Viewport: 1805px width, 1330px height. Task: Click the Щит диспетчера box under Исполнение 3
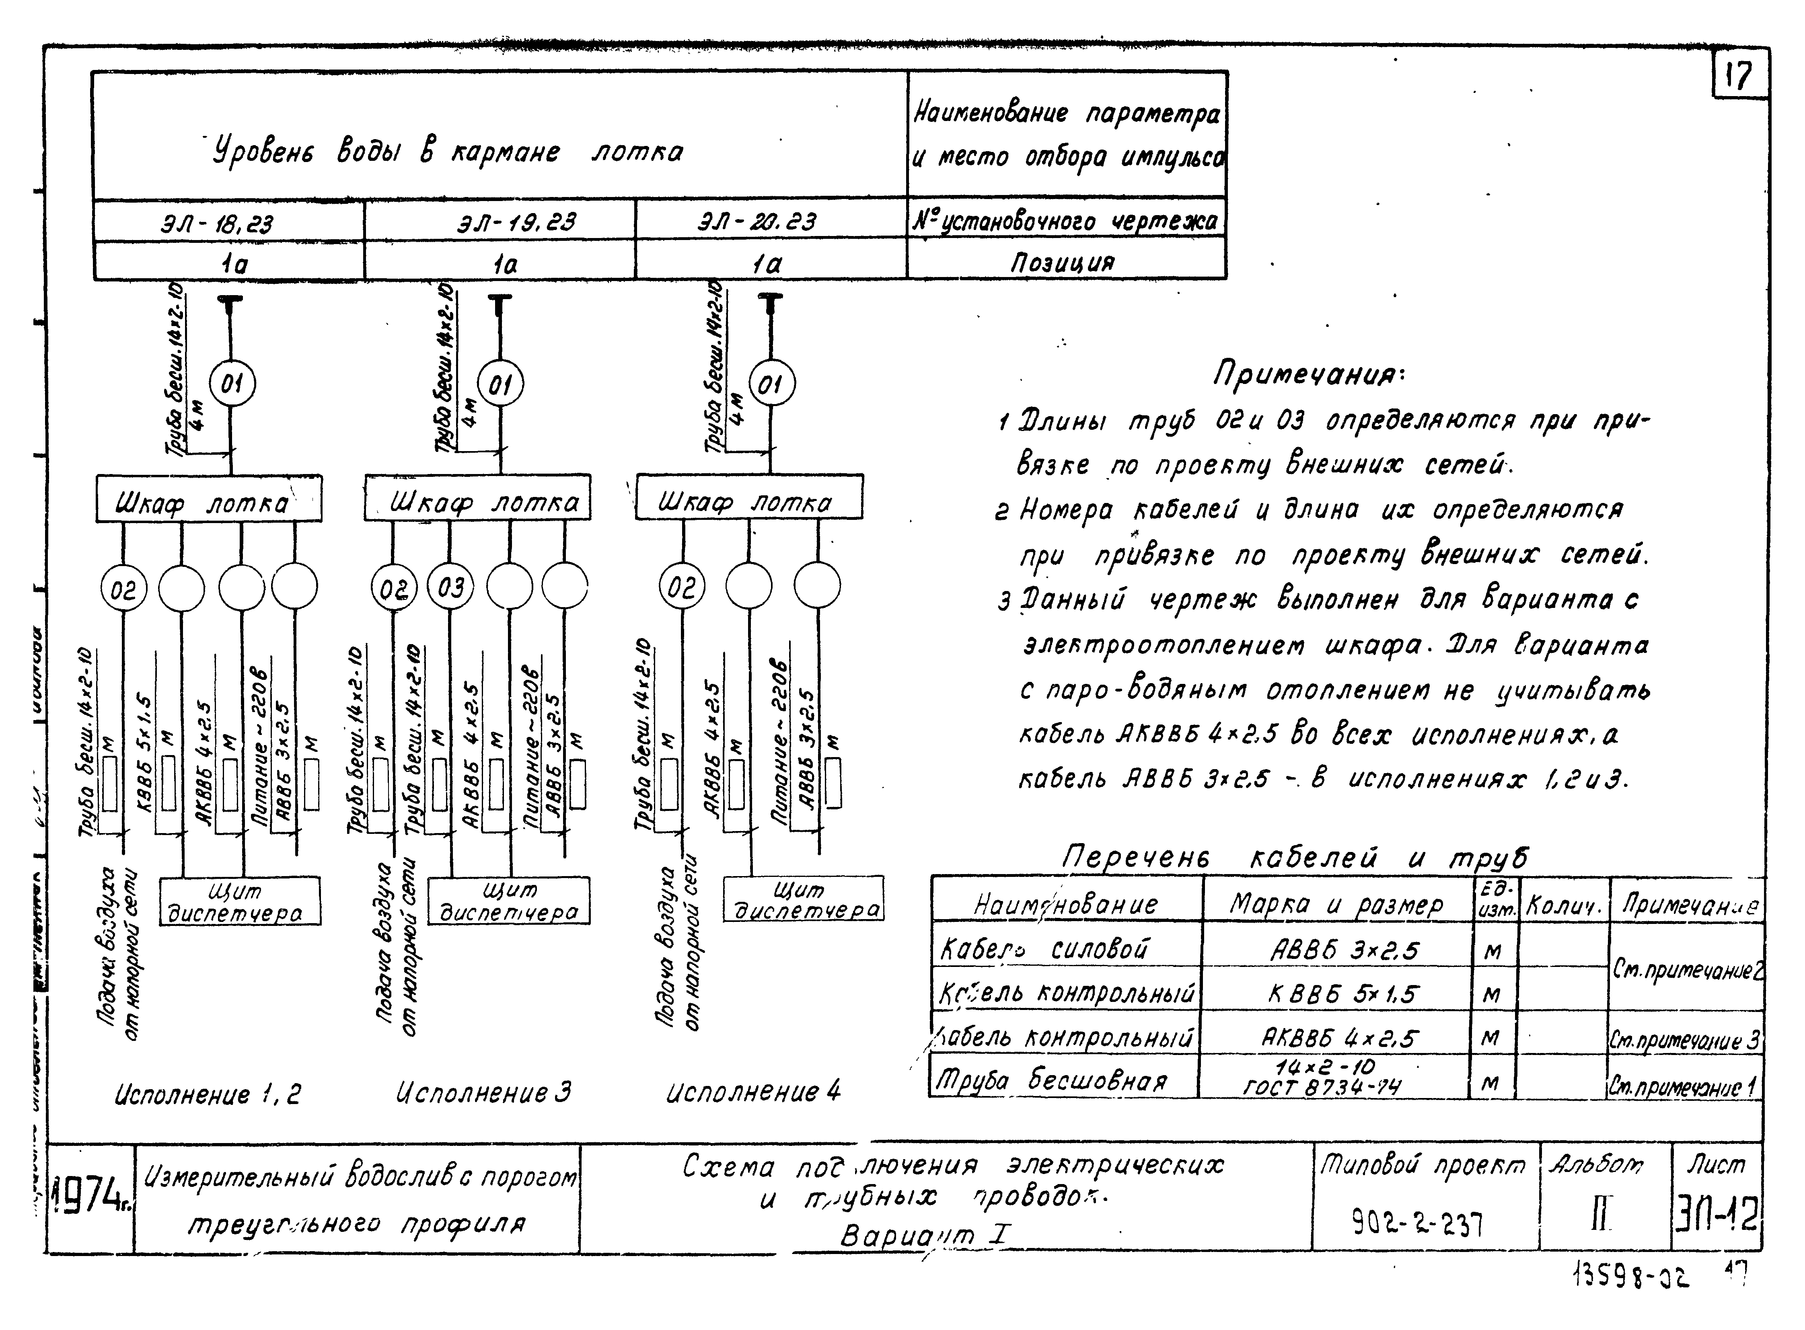508,901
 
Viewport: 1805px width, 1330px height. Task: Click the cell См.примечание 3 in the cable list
1685,1041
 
